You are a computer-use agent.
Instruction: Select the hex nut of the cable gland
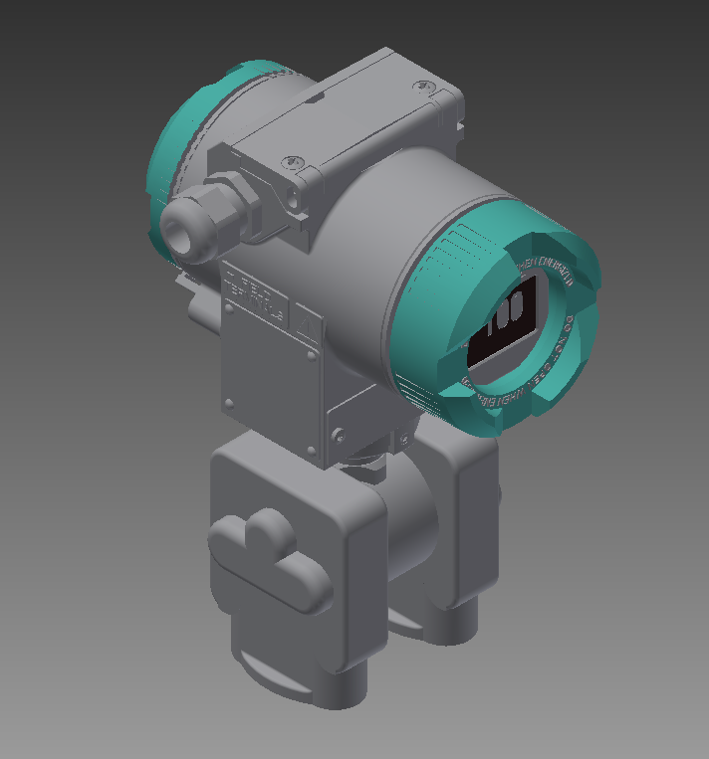[x=231, y=202]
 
